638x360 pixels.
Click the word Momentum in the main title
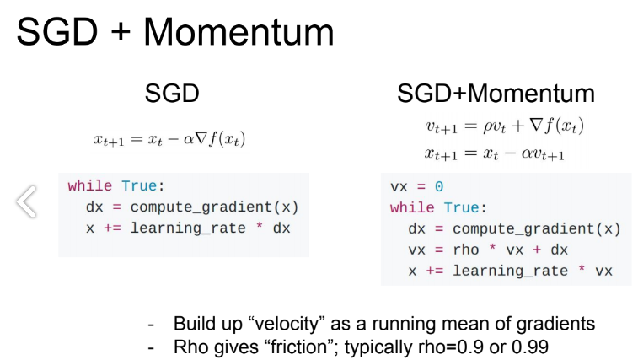(239, 32)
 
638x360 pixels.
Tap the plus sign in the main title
(121, 32)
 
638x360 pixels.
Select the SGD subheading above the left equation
(172, 94)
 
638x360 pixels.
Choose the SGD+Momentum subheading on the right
(496, 94)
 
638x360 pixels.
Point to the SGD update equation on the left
(169, 139)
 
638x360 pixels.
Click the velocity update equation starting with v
(505, 126)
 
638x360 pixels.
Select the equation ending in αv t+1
(495, 153)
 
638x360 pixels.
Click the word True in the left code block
(139, 185)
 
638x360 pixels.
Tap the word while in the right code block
(412, 207)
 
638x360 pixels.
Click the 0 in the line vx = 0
(439, 186)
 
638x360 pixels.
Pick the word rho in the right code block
(466, 250)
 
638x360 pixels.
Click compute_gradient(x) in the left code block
(214, 207)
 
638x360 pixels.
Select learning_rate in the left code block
(188, 228)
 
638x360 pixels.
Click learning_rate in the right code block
(510, 271)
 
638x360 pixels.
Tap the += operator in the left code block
(112, 228)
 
